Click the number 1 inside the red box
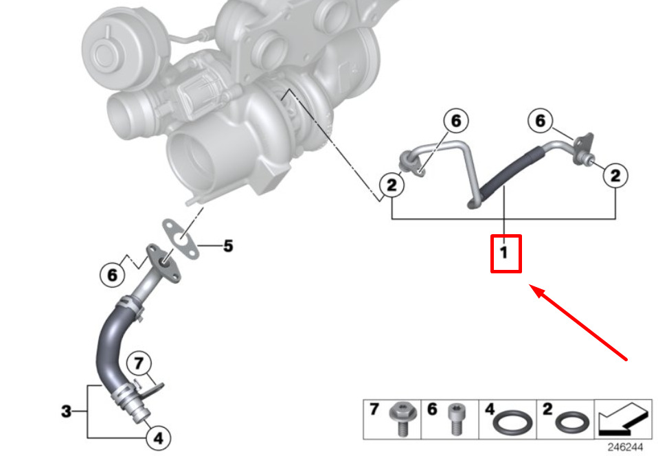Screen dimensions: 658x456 [504, 253]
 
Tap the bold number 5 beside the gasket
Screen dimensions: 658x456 [228, 246]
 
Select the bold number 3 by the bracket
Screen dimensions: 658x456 [67, 411]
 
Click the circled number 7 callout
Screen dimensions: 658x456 [139, 363]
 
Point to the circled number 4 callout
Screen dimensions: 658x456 [158, 438]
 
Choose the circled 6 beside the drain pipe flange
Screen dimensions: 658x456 [113, 275]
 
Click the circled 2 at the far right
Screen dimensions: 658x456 [615, 175]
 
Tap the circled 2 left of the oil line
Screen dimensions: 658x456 [392, 185]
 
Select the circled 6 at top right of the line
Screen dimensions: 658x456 [541, 121]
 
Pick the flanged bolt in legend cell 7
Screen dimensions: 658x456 [403, 420]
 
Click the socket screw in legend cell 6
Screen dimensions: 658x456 [457, 420]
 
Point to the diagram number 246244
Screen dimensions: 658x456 [626, 447]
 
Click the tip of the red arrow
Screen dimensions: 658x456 [530, 285]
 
